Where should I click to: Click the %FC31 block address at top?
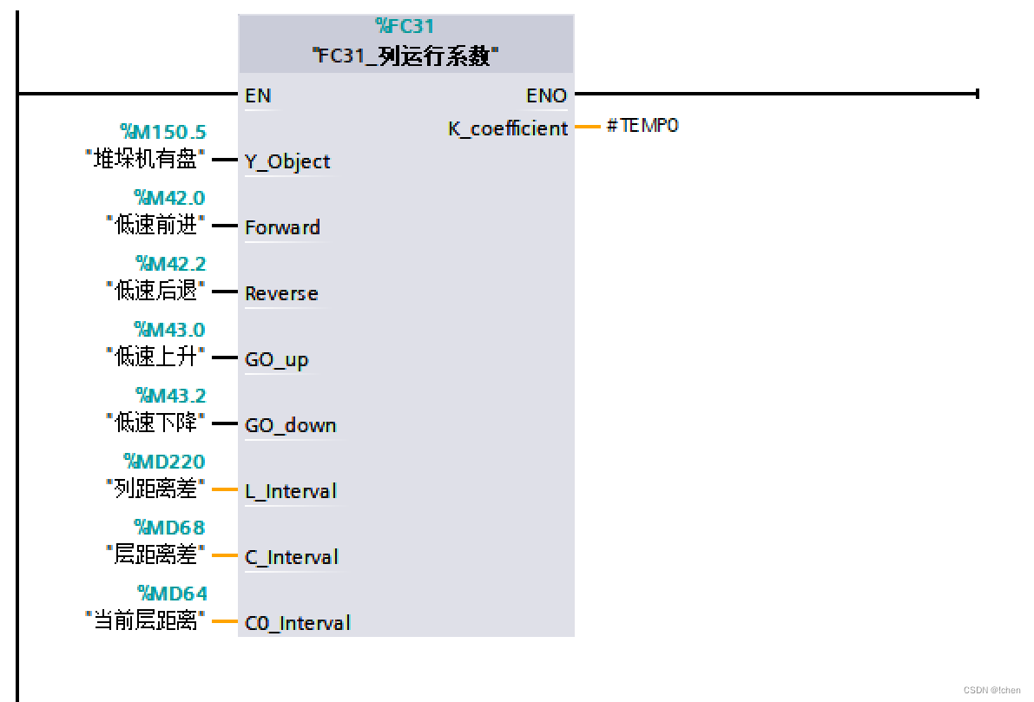pyautogui.click(x=405, y=27)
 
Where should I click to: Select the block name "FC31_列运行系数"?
pyautogui.click(x=405, y=56)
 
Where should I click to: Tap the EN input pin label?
pyautogui.click(x=258, y=95)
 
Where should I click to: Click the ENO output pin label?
pyautogui.click(x=546, y=95)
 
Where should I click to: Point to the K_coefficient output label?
pyautogui.click(x=508, y=128)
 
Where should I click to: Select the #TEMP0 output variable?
pyautogui.click(x=642, y=126)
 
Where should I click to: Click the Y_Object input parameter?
pyautogui.click(x=287, y=161)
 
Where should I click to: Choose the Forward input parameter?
pyautogui.click(x=282, y=227)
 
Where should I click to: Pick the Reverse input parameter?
pyautogui.click(x=281, y=293)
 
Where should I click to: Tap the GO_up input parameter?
pyautogui.click(x=276, y=359)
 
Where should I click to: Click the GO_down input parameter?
pyautogui.click(x=290, y=425)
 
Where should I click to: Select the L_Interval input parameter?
pyautogui.click(x=290, y=491)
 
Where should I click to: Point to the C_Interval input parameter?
pyautogui.click(x=291, y=557)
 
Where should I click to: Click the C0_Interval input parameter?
pyautogui.click(x=297, y=623)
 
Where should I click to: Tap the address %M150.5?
pyautogui.click(x=163, y=132)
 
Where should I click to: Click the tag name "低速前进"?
pyautogui.click(x=156, y=226)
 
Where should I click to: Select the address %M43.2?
pyautogui.click(x=170, y=396)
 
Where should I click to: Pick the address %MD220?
pyautogui.click(x=164, y=462)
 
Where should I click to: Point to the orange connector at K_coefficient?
pyautogui.click(x=588, y=127)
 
